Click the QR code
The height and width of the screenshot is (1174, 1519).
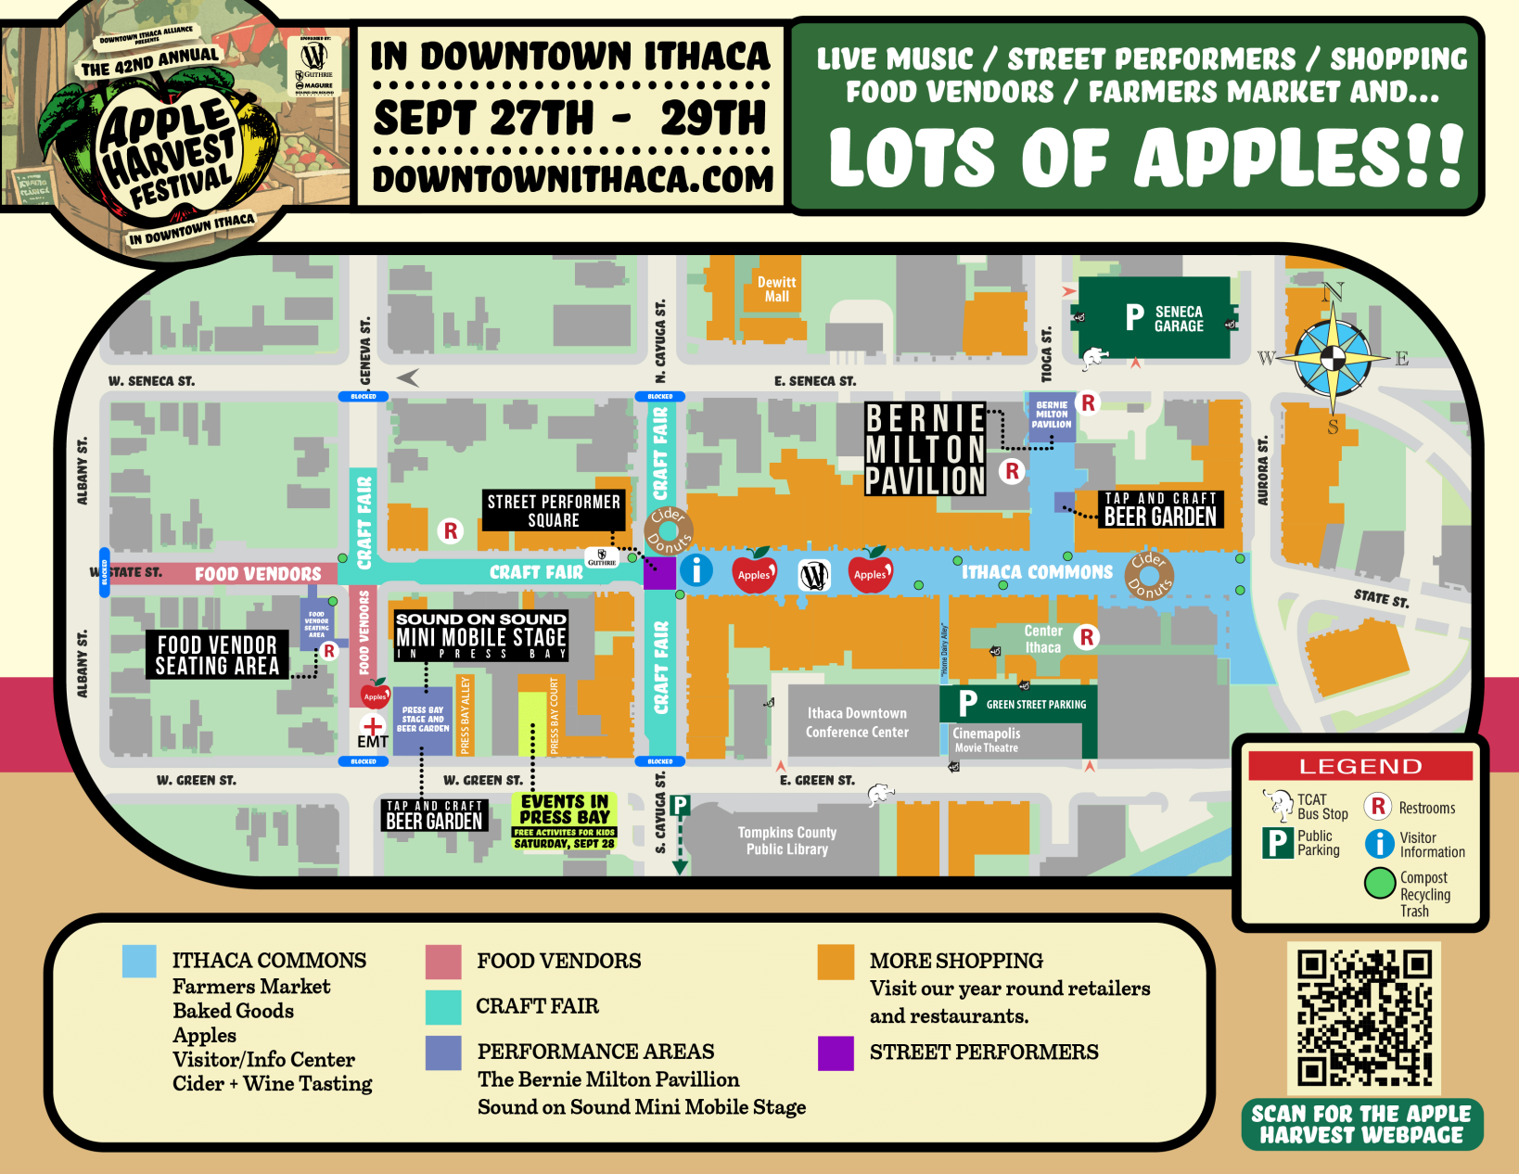(1364, 1017)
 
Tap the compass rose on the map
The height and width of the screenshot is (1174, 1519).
(1332, 357)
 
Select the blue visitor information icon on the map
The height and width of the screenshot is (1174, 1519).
(696, 569)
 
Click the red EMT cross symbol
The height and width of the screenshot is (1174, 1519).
(373, 725)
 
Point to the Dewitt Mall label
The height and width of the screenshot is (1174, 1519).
(776, 289)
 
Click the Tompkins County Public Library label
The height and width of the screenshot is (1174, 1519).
(787, 841)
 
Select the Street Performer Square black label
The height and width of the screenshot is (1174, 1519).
(554, 511)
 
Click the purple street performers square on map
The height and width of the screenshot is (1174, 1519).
(659, 572)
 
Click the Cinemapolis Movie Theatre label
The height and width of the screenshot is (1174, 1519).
(987, 739)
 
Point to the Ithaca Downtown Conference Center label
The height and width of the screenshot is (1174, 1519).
(857, 722)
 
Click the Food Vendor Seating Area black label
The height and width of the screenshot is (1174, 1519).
(217, 655)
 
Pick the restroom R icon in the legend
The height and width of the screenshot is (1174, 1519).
(1378, 807)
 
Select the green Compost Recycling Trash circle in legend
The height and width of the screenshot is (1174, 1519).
(1380, 883)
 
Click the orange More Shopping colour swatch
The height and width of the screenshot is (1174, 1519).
(836, 962)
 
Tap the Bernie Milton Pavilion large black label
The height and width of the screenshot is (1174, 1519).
(925, 450)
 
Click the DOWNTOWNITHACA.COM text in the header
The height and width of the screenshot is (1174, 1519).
(572, 179)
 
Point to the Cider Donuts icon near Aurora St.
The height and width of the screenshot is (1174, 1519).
(1150, 575)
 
